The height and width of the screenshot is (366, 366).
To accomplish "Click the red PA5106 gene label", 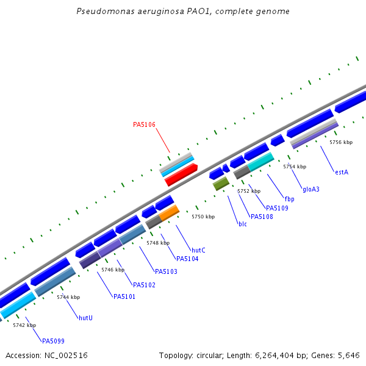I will tap(144, 124).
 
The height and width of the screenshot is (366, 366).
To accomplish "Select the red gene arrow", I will tap(181, 175).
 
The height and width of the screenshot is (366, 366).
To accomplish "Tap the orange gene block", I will tap(170, 212).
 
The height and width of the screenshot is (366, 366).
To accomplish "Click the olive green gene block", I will tap(221, 182).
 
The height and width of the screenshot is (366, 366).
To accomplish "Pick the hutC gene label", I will tap(198, 250).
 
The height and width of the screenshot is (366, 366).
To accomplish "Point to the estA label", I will tap(341, 172).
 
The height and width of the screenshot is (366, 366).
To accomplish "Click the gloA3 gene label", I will tap(311, 189).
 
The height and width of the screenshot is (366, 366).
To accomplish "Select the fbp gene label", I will tap(289, 199).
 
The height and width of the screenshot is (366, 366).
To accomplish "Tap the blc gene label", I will tap(243, 224).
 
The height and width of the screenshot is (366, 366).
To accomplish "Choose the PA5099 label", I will tap(53, 340).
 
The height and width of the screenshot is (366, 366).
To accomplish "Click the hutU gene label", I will tap(85, 318).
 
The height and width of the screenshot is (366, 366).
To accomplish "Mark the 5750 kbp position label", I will tap(203, 217).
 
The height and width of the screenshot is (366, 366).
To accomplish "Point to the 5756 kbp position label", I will tap(341, 142).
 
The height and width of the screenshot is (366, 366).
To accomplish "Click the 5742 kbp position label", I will tap(24, 325).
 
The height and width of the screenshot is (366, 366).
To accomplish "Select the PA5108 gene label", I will tap(262, 217).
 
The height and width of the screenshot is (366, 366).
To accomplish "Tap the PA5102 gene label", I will tap(144, 285).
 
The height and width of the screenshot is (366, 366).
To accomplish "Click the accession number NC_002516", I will tap(66, 355).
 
